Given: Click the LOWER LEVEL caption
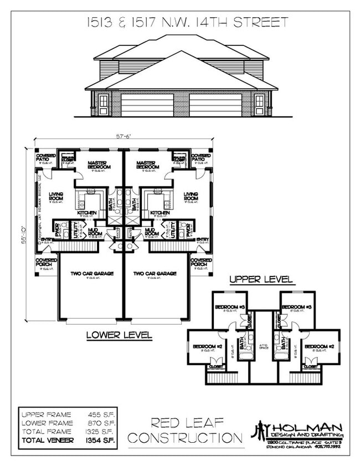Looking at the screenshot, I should [119, 335].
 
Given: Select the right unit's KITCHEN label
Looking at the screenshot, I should [160, 213].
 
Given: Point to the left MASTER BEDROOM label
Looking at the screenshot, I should [100, 165].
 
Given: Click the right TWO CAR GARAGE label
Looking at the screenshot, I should [155, 273].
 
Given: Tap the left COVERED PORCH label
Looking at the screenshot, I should [46, 262].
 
